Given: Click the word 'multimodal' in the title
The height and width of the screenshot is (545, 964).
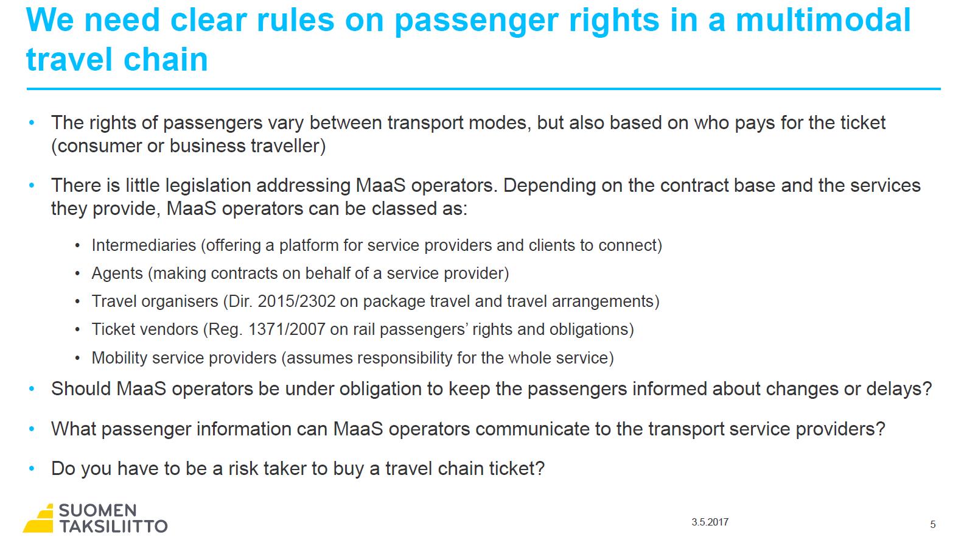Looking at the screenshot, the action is pyautogui.click(x=823, y=20).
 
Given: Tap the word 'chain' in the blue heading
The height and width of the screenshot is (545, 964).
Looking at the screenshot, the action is pyautogui.click(x=166, y=59).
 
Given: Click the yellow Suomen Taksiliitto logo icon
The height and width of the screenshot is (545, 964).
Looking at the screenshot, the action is pyautogui.click(x=39, y=518).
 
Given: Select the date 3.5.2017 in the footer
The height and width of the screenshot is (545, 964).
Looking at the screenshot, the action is pyautogui.click(x=710, y=522).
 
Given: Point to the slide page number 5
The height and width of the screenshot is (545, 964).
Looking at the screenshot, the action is pyautogui.click(x=933, y=524).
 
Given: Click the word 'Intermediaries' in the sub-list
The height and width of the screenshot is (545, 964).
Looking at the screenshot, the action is pyautogui.click(x=144, y=245).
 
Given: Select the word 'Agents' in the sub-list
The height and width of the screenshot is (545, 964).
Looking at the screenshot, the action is pyautogui.click(x=117, y=274).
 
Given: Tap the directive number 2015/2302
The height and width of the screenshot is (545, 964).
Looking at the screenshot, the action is pyautogui.click(x=296, y=301).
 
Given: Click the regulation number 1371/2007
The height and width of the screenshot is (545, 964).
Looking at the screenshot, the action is pyautogui.click(x=287, y=329).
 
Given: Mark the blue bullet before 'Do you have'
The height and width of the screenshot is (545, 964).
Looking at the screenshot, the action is pyautogui.click(x=32, y=468).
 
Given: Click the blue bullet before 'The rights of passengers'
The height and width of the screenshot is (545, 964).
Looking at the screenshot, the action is pyautogui.click(x=32, y=122).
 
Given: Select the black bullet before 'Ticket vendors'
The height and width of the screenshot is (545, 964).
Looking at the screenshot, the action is pyautogui.click(x=77, y=330).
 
